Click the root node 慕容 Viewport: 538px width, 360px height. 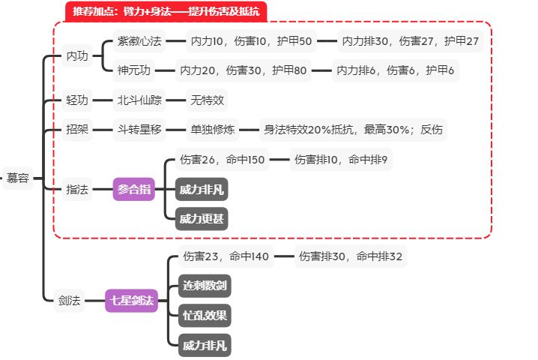(18, 178)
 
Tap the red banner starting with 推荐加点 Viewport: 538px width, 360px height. (166, 10)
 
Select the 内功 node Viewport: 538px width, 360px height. (77, 55)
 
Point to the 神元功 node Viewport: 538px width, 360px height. (134, 71)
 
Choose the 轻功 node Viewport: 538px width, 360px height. (77, 100)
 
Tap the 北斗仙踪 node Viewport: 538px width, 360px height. (140, 100)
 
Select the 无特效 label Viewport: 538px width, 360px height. (206, 100)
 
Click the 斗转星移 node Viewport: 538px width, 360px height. (140, 130)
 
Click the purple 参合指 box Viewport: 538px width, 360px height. (134, 190)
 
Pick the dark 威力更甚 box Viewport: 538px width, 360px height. (202, 219)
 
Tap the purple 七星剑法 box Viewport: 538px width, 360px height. (132, 301)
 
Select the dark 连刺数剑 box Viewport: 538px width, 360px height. (205, 286)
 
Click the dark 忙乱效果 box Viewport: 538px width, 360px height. (205, 315)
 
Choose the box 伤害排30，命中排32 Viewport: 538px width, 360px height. (351, 256)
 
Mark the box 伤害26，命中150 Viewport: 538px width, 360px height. (223, 160)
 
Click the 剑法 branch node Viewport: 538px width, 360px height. (69, 301)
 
